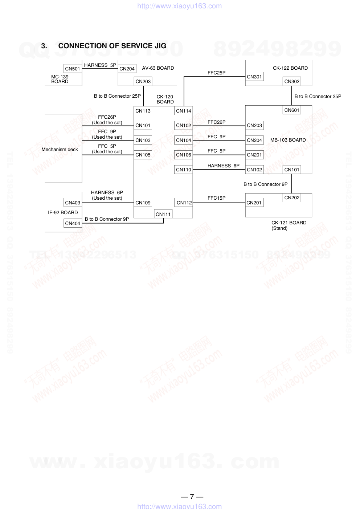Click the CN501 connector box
point(73,69)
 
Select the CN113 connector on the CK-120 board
point(143,111)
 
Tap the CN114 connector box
point(184,111)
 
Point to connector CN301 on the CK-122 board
point(254,77)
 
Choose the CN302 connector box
point(292,81)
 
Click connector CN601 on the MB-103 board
point(292,110)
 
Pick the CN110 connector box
point(184,170)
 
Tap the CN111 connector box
point(163,214)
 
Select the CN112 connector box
point(184,203)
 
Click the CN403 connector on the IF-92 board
point(73,203)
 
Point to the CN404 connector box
point(73,223)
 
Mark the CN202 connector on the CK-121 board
point(292,198)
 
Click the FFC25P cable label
point(217,73)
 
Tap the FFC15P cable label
point(217,198)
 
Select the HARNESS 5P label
point(100,65)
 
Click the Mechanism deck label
point(60,149)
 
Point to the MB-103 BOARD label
point(288,140)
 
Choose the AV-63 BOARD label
point(158,68)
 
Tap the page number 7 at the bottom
point(192,497)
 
